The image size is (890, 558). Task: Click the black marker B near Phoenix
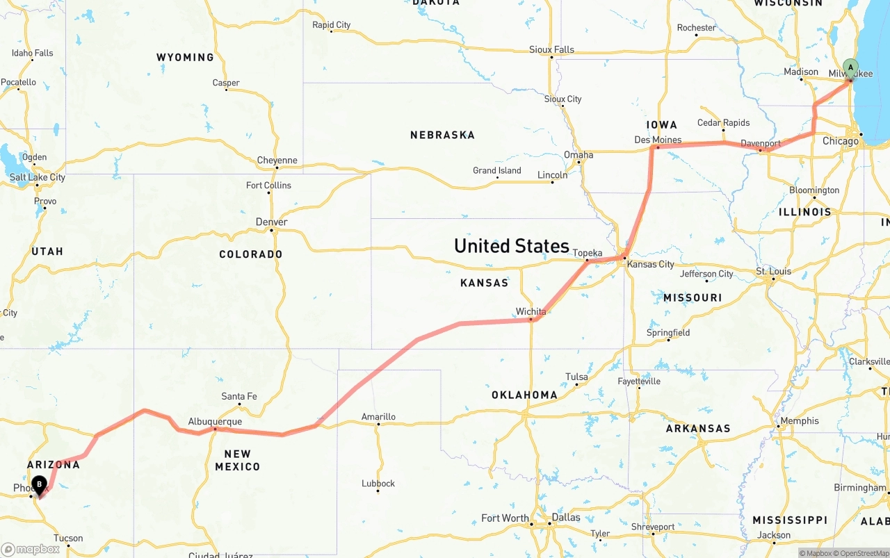click(x=40, y=484)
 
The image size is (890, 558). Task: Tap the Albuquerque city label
click(x=215, y=422)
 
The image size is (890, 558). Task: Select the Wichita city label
click(x=531, y=311)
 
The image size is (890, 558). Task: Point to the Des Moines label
click(x=658, y=140)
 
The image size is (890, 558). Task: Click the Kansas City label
click(x=650, y=264)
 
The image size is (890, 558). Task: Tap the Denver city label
click(x=271, y=222)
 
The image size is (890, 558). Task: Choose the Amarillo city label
click(x=378, y=417)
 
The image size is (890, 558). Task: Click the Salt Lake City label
click(x=38, y=177)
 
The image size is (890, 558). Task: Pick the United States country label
click(x=511, y=246)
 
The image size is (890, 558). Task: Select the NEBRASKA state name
click(x=442, y=135)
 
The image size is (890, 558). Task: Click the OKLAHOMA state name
click(x=524, y=395)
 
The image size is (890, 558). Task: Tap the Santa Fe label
click(x=238, y=396)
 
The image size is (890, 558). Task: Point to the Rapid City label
click(x=331, y=25)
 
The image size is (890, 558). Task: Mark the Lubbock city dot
click(x=378, y=491)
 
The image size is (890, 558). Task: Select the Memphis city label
click(x=799, y=420)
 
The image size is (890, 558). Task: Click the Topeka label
click(x=587, y=253)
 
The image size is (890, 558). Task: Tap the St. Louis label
click(x=773, y=271)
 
